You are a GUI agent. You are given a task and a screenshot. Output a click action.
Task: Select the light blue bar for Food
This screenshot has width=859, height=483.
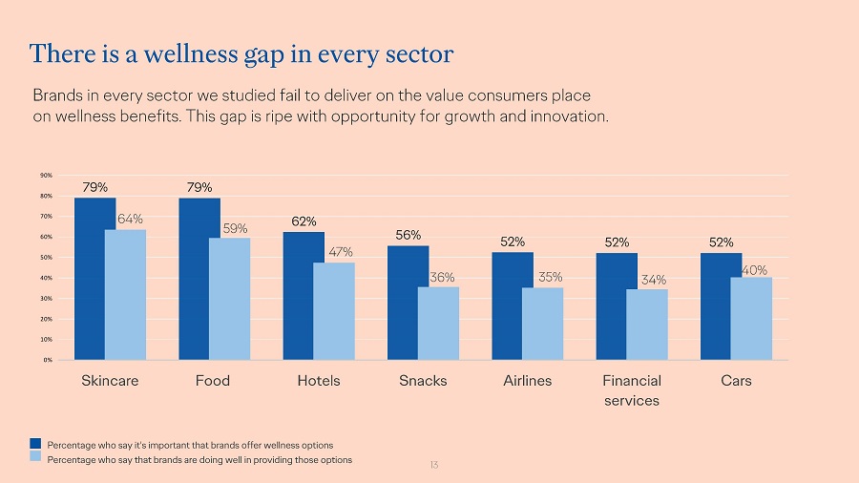pyautogui.click(x=229, y=299)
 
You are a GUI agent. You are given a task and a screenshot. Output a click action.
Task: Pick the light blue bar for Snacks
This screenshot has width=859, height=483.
pyautogui.click(x=438, y=323)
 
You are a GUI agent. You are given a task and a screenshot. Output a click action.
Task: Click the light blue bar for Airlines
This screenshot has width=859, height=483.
pyautogui.click(x=542, y=324)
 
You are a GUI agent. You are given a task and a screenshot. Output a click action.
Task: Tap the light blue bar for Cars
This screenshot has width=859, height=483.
pyautogui.click(x=751, y=318)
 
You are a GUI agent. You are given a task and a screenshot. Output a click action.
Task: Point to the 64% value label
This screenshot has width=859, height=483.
pyautogui.click(x=131, y=220)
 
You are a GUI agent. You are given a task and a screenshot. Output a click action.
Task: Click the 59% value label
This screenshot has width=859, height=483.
pyautogui.click(x=235, y=228)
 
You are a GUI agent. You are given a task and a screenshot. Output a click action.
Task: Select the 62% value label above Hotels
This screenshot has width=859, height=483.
pyautogui.click(x=304, y=221)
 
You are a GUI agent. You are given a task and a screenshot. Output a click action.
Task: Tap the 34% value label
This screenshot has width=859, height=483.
pyautogui.click(x=654, y=280)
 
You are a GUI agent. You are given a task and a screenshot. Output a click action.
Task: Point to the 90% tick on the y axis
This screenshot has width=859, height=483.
pyautogui.click(x=46, y=176)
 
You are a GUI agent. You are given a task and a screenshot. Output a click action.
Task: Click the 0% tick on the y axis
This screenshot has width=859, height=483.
pyautogui.click(x=47, y=360)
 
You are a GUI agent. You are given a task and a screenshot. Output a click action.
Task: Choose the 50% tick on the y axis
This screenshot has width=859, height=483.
pyautogui.click(x=46, y=258)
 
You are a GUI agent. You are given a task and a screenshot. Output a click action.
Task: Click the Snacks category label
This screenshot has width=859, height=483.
pyautogui.click(x=423, y=381)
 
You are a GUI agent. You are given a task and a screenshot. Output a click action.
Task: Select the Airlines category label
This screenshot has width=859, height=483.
pyautogui.click(x=528, y=381)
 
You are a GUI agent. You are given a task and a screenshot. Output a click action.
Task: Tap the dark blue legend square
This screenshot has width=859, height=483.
pyautogui.click(x=35, y=444)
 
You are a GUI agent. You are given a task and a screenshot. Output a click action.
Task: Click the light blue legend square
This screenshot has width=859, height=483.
pyautogui.click(x=35, y=459)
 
